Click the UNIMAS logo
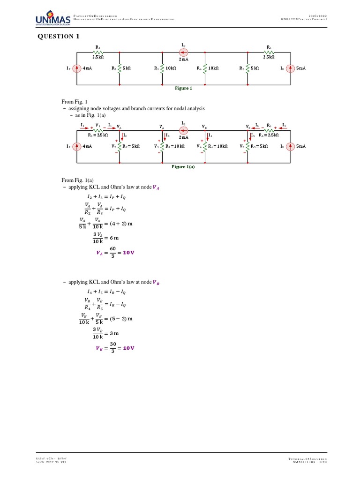52,19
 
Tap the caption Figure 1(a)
183,166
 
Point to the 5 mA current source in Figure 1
290,68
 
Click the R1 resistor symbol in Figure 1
98,52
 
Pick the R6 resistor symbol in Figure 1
269,52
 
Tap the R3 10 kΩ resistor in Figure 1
163,68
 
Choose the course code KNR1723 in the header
291,19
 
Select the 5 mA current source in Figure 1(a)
290,146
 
